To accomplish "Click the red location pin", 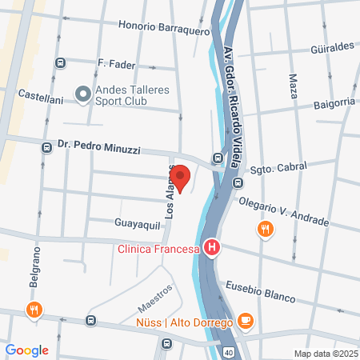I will pyautogui.click(x=180, y=178).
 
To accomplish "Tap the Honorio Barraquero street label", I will pyautogui.click(x=164, y=25).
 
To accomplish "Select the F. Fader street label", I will pyautogui.click(x=116, y=63).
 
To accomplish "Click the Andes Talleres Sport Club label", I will pyautogui.click(x=132, y=96).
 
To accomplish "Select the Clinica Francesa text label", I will pyautogui.click(x=158, y=249).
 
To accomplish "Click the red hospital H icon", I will pyautogui.click(x=211, y=249).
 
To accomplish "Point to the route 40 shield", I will pyautogui.click(x=228, y=352).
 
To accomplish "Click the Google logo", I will pyautogui.click(x=26, y=350).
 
